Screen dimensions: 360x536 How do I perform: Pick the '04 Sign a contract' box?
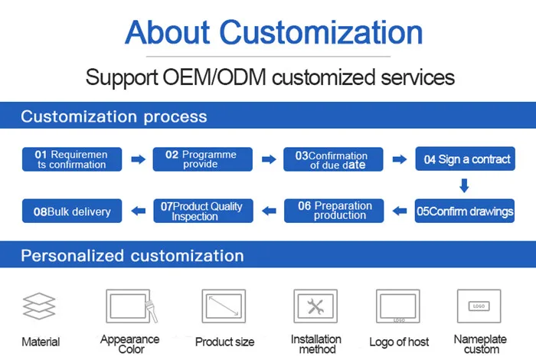(x=465, y=159)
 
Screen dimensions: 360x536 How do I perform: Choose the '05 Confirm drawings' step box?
(x=465, y=211)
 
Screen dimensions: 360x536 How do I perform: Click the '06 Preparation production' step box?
(x=334, y=211)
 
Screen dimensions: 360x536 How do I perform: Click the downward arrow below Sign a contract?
(x=464, y=185)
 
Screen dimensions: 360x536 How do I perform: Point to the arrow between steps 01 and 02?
(x=138, y=159)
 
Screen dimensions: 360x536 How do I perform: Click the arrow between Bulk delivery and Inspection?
(x=138, y=211)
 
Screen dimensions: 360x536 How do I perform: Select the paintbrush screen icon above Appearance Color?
(x=130, y=306)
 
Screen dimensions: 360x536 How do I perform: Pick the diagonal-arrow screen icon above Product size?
(x=224, y=307)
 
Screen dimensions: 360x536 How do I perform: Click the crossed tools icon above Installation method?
(x=315, y=307)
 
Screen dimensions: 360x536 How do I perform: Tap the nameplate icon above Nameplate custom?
(x=479, y=306)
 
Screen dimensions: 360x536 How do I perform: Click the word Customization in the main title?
(x=322, y=32)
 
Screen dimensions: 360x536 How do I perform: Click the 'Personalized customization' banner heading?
(x=132, y=255)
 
